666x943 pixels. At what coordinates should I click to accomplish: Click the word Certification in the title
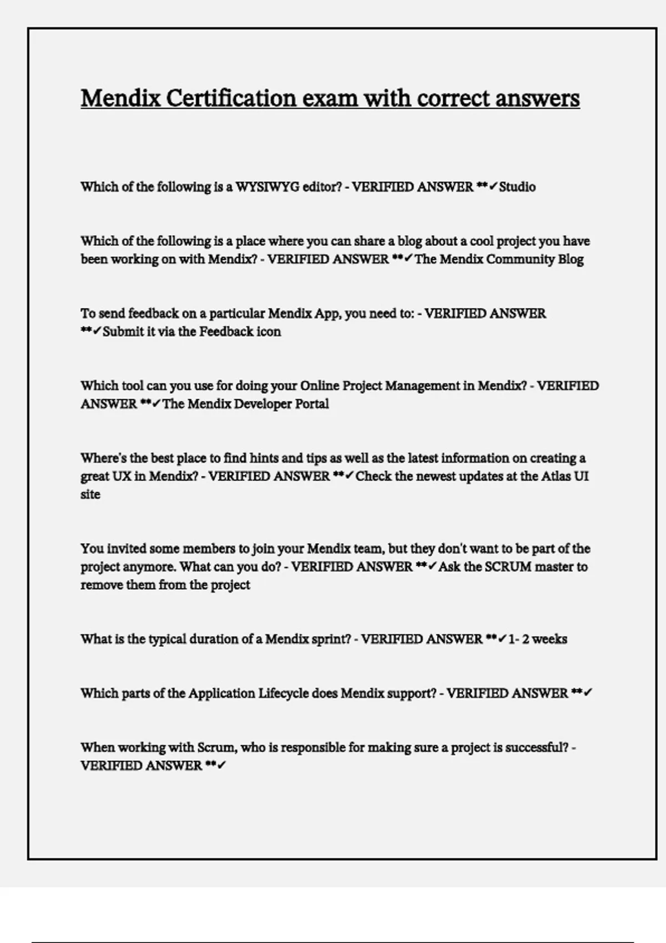(230, 99)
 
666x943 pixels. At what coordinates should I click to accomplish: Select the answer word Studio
(517, 187)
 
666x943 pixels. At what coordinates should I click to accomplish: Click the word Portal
(311, 404)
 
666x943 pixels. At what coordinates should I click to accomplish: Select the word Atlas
(559, 476)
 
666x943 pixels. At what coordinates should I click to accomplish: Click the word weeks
(549, 639)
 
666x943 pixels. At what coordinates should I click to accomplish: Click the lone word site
(90, 494)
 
